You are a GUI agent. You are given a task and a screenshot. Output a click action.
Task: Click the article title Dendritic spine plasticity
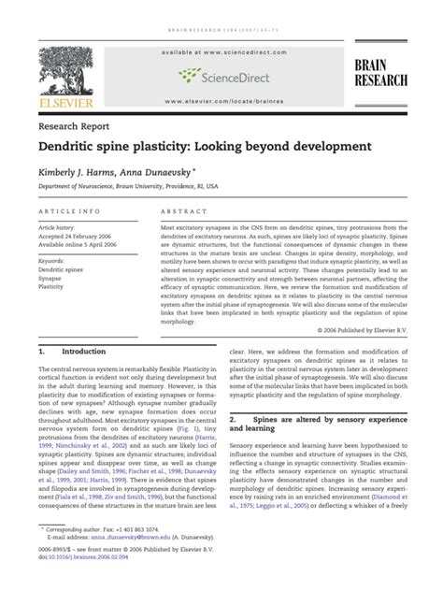tap(204, 147)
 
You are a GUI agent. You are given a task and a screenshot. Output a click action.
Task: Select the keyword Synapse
tap(50, 279)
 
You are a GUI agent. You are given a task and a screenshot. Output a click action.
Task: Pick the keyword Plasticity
tap(52, 287)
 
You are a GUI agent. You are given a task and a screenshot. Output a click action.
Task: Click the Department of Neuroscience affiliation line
tap(136, 188)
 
